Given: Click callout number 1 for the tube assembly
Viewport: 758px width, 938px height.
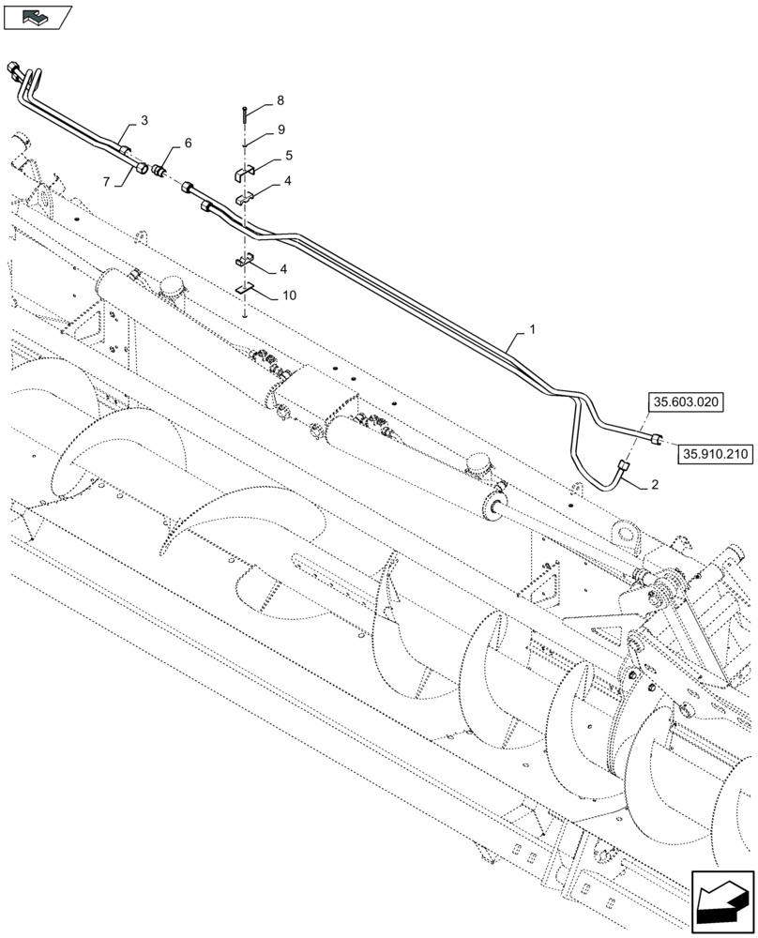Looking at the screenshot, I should [x=533, y=330].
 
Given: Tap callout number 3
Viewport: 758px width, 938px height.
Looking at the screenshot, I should [x=144, y=120].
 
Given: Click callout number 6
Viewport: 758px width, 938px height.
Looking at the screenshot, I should [x=188, y=143].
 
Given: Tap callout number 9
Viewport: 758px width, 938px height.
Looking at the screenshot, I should [x=280, y=129].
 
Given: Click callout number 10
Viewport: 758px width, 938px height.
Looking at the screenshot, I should [x=289, y=295].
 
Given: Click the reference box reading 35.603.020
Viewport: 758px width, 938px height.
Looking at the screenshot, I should [x=684, y=402].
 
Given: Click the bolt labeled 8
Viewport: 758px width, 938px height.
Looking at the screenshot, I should [x=243, y=114].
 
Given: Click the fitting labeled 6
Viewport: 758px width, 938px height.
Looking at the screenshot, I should [x=159, y=172].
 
